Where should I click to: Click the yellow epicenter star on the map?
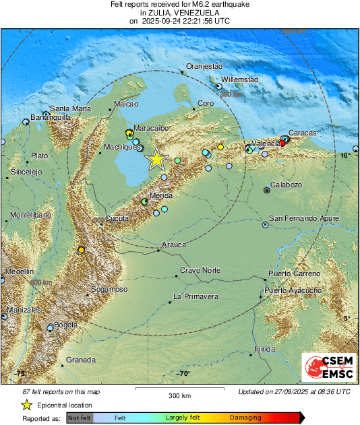pyautogui.click(x=156, y=159)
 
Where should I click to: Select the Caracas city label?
pyautogui.click(x=302, y=133)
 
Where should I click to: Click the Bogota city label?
pyautogui.click(x=65, y=325)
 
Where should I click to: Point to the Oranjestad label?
pyautogui.click(x=204, y=66)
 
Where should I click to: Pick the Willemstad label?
pyautogui.click(x=240, y=79)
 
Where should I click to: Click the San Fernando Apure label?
pyautogui.click(x=304, y=218)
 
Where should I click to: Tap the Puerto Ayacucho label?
pyautogui.click(x=293, y=290)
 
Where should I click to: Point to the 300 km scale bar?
pyautogui.click(x=180, y=390)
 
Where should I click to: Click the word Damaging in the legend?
pyautogui.click(x=246, y=418)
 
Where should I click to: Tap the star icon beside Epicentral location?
pyautogui.click(x=26, y=405)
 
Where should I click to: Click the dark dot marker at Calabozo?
pyautogui.click(x=267, y=191)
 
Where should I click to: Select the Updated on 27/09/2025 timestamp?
pyautogui.click(x=294, y=391)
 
